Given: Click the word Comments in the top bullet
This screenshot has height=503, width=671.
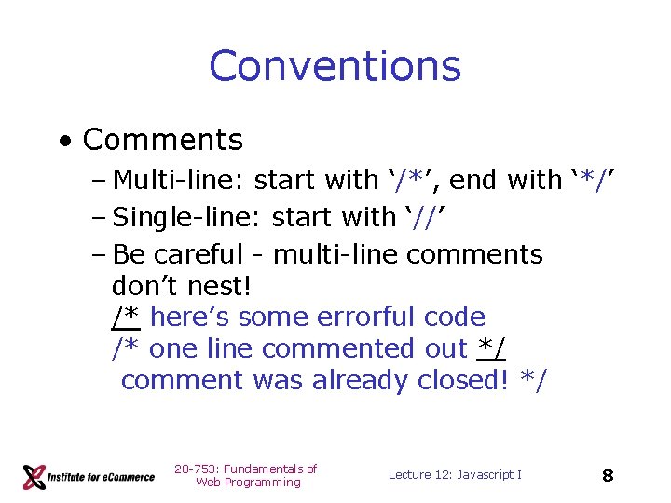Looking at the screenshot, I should [x=163, y=140].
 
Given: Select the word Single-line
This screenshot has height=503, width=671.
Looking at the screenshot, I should [x=187, y=217].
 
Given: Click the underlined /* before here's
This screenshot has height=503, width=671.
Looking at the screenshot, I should [x=125, y=317].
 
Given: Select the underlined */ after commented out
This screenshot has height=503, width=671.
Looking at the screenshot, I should [x=491, y=348].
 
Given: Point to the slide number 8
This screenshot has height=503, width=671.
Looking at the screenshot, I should [x=608, y=476].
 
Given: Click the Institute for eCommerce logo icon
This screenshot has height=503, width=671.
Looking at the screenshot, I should [x=34, y=477].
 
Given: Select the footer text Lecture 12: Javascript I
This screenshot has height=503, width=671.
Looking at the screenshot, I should [x=455, y=475].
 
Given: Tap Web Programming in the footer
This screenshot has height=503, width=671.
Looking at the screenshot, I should [x=248, y=483].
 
